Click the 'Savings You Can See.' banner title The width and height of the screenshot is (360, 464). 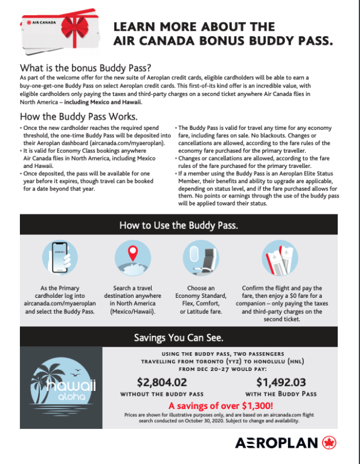click(x=179, y=337)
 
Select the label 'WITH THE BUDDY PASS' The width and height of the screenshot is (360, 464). click(x=283, y=393)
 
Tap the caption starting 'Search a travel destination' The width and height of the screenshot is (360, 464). click(x=137, y=300)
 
